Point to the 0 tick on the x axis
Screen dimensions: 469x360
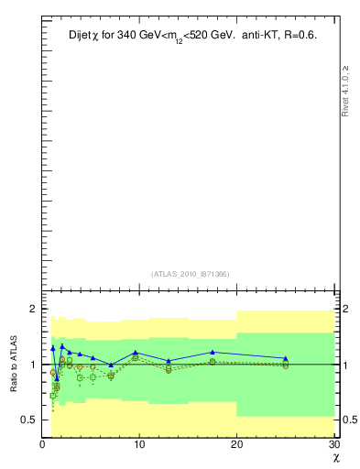pos(42,445)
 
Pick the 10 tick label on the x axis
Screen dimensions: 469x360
pos(139,445)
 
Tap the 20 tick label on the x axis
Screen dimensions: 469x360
pos(236,445)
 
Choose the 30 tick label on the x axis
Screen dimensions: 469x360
pos(333,445)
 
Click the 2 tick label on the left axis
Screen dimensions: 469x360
pos(32,309)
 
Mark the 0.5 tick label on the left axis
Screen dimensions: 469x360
pos(28,420)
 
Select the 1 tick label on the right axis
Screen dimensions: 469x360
pos(343,365)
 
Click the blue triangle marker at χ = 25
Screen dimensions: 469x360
pos(285,358)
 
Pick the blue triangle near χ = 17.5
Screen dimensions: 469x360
pos(213,352)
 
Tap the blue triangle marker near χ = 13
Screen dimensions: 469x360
pos(169,361)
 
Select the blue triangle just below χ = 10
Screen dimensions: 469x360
pos(136,353)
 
